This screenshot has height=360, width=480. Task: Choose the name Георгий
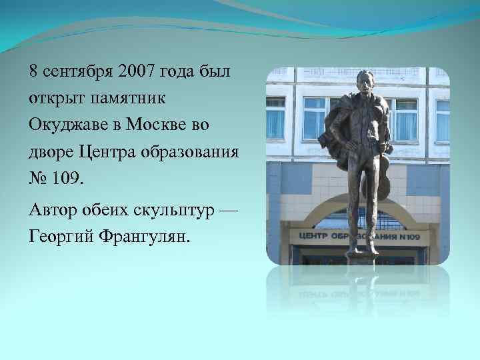(62, 238)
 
